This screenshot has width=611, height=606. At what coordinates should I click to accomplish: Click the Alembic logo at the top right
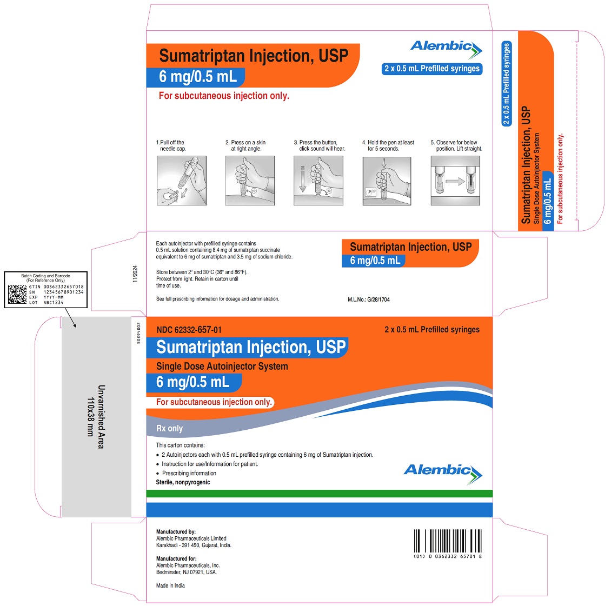446,49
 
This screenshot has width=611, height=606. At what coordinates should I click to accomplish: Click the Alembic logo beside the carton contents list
443,474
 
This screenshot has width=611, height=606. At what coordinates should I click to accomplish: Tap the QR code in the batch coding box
17,294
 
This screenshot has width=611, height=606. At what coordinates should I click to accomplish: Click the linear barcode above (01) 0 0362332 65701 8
448,541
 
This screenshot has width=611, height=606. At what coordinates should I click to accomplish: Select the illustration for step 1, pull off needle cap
182,181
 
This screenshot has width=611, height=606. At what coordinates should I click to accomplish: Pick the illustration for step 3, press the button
318,181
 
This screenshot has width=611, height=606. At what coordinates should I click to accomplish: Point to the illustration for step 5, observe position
455,181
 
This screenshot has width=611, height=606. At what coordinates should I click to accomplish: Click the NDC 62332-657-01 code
189,330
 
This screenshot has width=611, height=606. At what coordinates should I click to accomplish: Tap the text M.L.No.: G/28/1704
369,299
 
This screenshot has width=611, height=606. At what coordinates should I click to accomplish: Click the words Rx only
169,428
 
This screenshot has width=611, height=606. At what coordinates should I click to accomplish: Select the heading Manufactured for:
176,558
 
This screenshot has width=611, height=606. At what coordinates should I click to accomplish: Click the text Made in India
170,585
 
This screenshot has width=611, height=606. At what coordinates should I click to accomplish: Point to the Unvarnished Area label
96,417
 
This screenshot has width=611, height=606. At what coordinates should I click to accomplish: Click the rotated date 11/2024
135,274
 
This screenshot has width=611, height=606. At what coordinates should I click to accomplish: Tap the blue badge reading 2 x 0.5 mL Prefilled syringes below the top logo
432,69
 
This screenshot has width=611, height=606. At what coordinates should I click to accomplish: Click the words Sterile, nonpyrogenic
183,482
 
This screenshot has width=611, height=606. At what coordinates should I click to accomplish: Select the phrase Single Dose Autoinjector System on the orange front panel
222,366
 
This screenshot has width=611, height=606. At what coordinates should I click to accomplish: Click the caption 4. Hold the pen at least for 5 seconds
388,145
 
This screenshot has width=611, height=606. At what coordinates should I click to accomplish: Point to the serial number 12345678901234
63,292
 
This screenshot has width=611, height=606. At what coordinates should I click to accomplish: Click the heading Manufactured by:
176,531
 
